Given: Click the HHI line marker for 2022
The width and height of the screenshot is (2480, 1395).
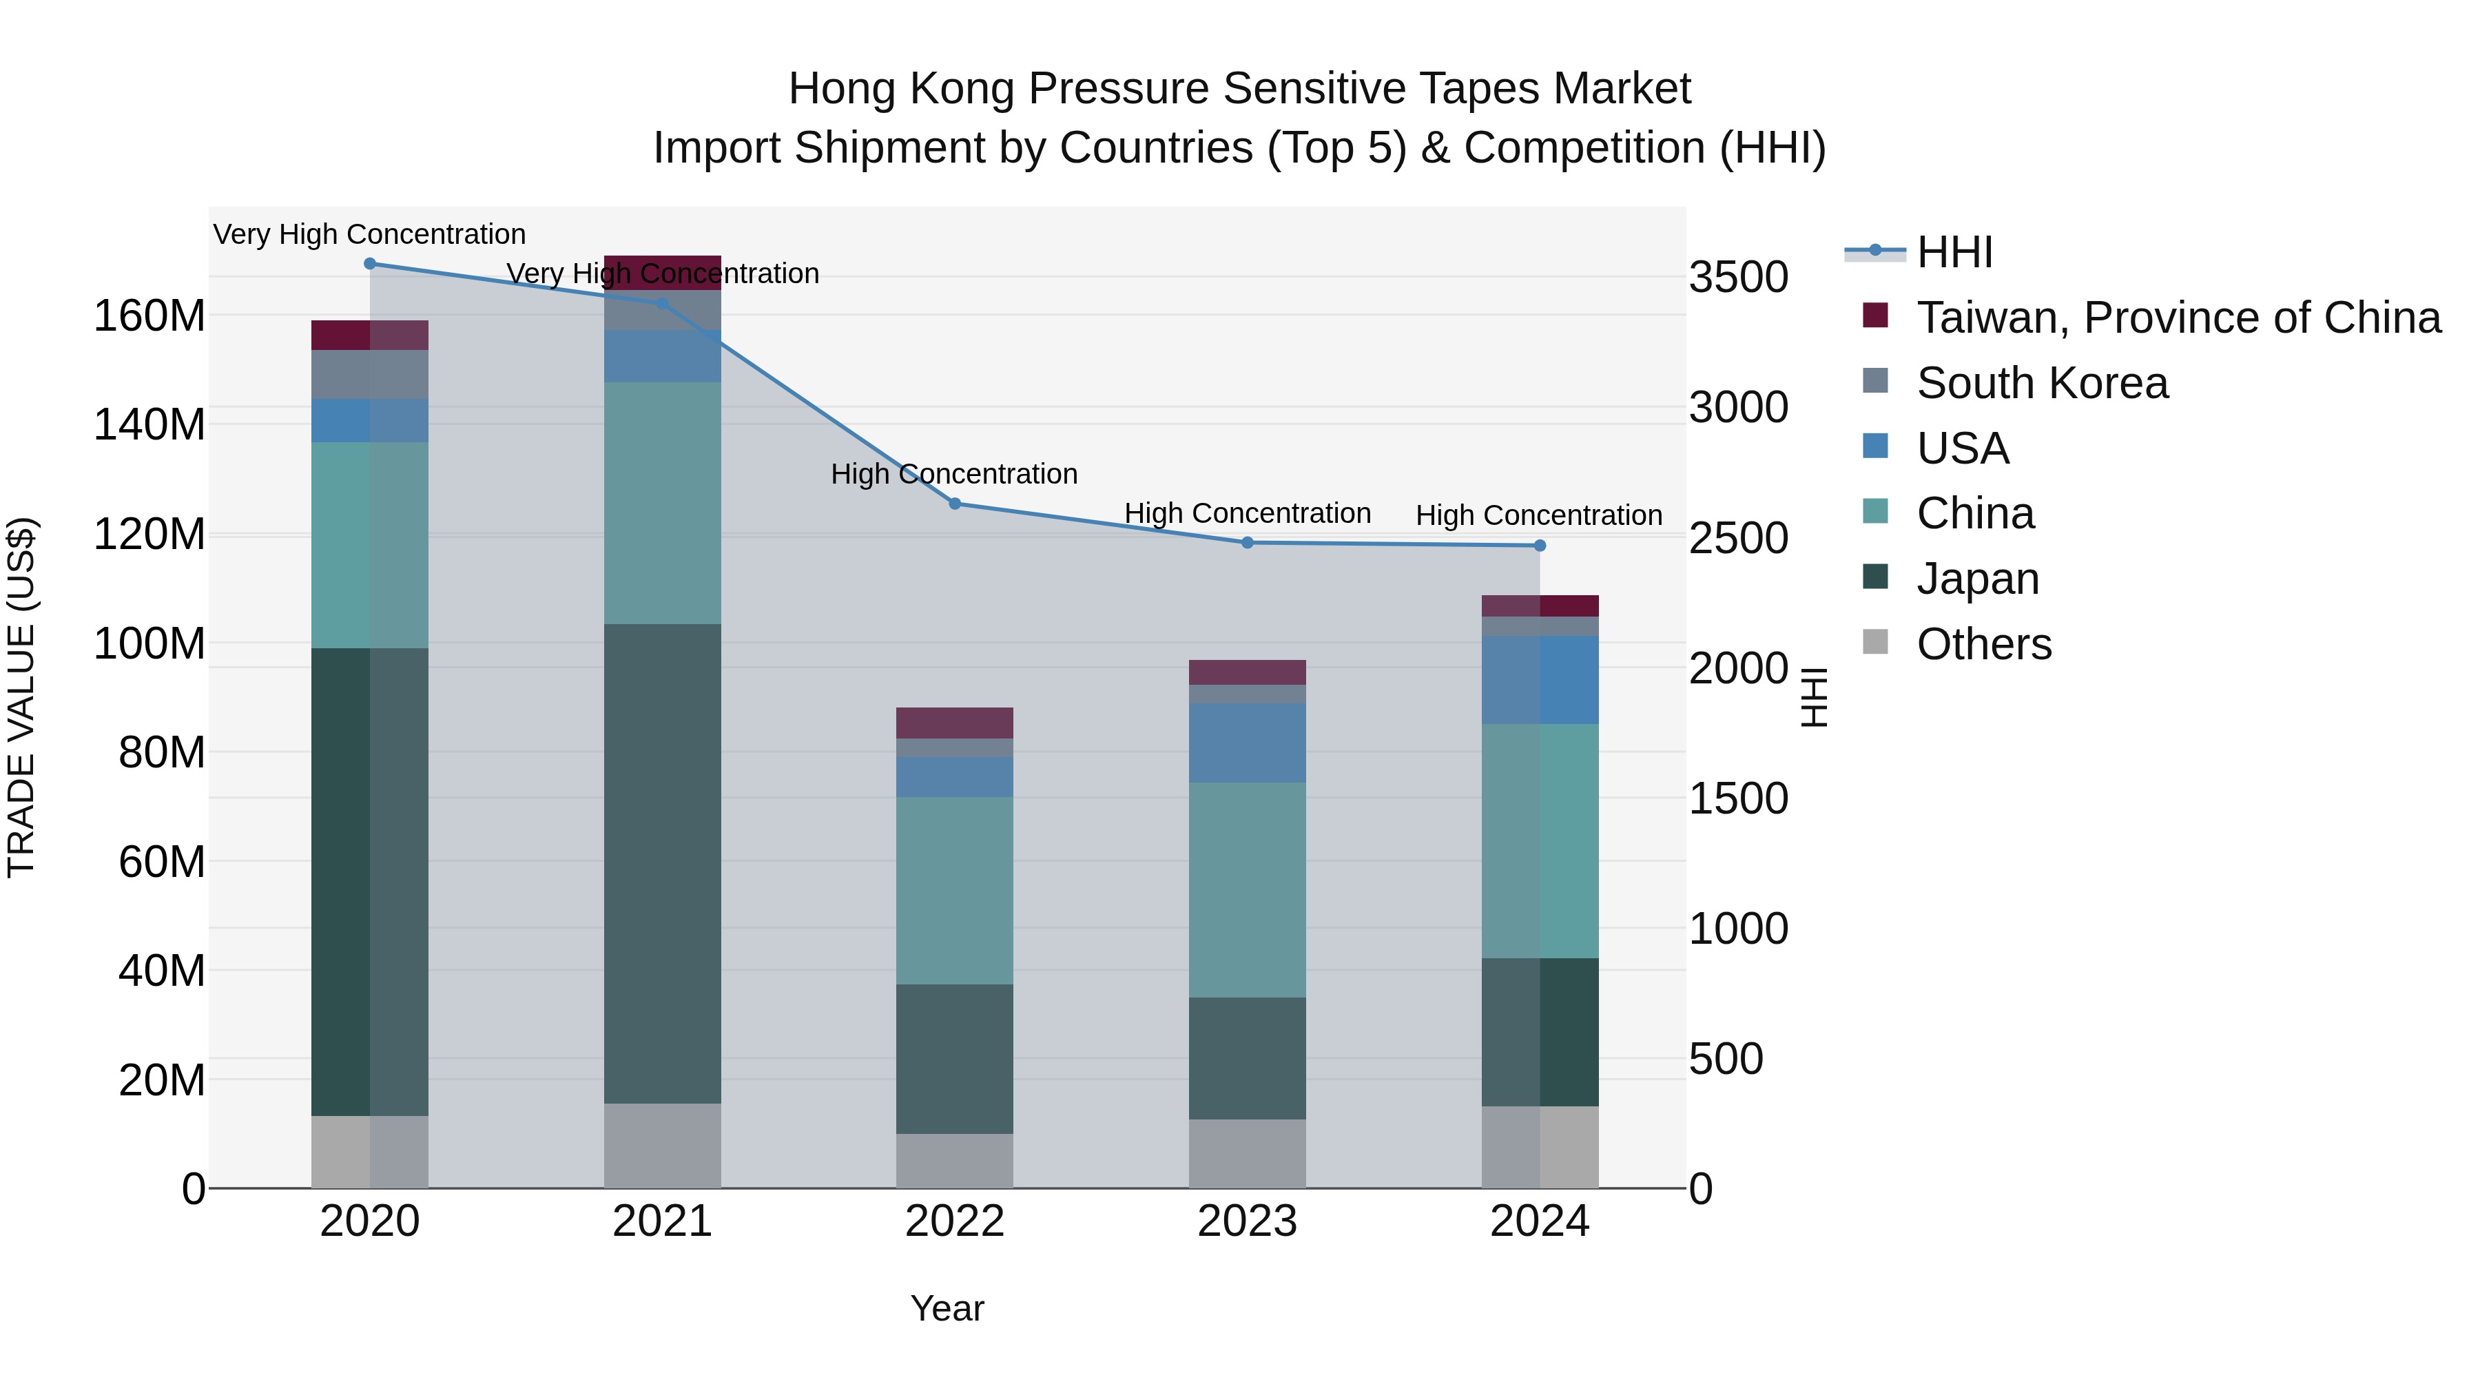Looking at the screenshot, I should click(954, 504).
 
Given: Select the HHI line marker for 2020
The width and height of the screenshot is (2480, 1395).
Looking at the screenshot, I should click(370, 264).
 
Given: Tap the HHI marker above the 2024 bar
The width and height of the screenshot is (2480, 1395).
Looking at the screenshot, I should click(1540, 546).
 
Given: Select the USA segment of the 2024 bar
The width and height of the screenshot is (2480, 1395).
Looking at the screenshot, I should click(1540, 680).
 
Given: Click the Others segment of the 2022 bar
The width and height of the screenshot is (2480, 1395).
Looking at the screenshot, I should click(954, 1160).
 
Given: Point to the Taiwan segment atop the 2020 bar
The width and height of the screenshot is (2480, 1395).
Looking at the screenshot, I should click(370, 335).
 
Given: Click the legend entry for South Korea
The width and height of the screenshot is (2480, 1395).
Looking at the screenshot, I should click(2041, 383).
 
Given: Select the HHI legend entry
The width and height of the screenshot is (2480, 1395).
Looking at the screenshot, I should click(1954, 252).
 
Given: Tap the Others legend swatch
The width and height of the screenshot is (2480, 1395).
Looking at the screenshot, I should click(1875, 642).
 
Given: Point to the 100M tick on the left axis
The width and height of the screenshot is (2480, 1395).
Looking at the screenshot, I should click(149, 643).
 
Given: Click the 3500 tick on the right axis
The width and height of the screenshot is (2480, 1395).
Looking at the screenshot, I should click(1738, 277).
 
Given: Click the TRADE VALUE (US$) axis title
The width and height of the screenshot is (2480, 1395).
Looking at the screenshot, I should click(21, 697).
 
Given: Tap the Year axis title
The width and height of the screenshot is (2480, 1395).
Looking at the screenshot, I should click(947, 1308).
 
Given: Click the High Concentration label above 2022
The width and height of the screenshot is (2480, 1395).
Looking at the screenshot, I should click(954, 474).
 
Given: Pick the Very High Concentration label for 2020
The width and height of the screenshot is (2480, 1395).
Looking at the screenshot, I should click(370, 234).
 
